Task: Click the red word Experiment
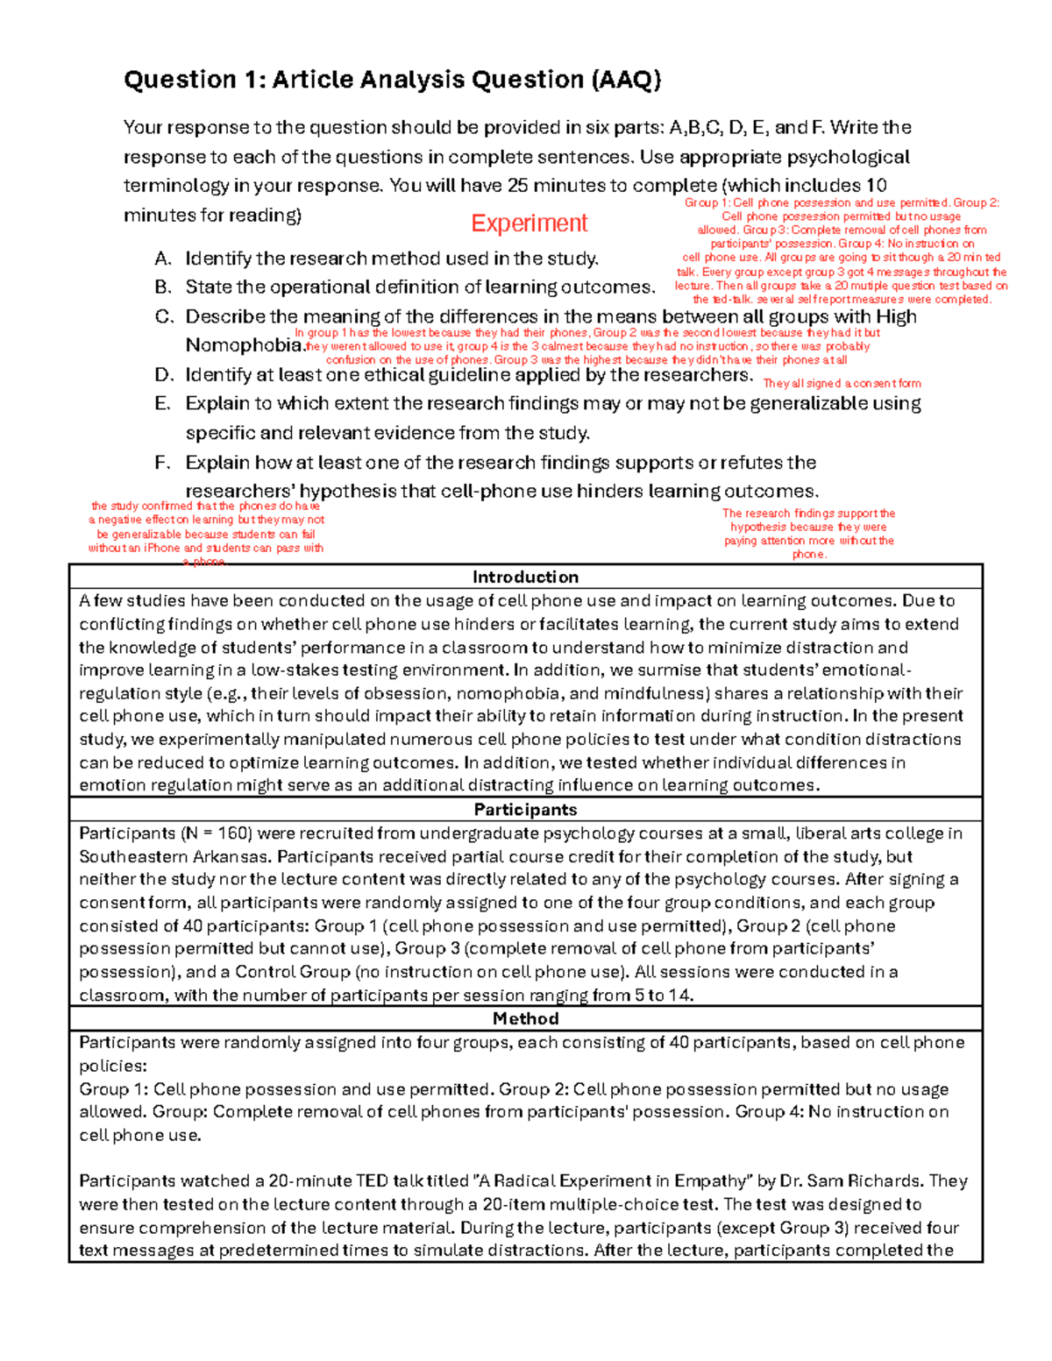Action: (529, 223)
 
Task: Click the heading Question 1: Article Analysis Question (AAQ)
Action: (392, 80)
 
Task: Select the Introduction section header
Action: (525, 577)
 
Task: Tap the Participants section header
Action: (525, 809)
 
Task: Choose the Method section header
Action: (525, 1018)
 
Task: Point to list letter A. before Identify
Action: (162, 259)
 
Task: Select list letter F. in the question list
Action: (162, 463)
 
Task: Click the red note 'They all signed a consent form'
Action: (842, 383)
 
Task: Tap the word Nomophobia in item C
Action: (244, 346)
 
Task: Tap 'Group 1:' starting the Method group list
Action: (113, 1089)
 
